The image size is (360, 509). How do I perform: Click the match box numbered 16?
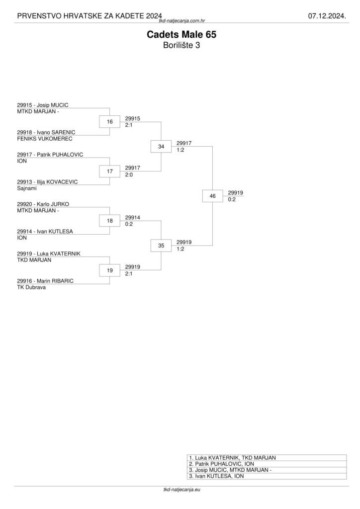110,122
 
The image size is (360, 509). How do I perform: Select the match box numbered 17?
110,171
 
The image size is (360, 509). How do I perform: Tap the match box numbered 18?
110,221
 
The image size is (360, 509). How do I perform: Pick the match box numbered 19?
110,270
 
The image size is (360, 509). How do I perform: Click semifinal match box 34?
161,147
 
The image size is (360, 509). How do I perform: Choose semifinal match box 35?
161,246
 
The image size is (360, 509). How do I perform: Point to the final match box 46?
213,196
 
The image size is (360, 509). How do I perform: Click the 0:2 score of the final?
232,199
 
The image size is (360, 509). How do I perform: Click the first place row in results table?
267,457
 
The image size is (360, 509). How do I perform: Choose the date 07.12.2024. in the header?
326,16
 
